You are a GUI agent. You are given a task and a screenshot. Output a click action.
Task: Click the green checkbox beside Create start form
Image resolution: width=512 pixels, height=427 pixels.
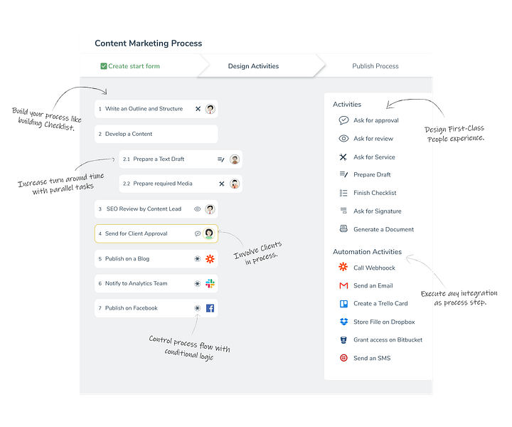pyautogui.click(x=104, y=66)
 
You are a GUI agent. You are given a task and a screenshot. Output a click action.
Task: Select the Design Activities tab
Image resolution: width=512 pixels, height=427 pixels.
pyautogui.click(x=253, y=66)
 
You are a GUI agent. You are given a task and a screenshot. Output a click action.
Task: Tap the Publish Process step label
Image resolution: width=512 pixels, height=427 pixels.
pyautogui.click(x=375, y=66)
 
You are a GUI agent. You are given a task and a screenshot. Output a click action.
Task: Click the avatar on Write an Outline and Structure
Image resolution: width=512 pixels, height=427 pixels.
pyautogui.click(x=210, y=109)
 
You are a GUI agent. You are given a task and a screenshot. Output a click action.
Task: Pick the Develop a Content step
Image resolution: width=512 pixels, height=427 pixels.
pyautogui.click(x=156, y=134)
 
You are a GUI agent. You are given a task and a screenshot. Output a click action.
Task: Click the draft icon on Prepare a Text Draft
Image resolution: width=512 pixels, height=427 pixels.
pyautogui.click(x=221, y=159)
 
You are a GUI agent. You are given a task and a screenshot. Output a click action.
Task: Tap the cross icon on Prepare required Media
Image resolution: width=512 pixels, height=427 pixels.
pyautogui.click(x=222, y=184)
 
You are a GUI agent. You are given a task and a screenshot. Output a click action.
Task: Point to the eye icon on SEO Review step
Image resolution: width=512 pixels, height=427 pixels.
pyautogui.click(x=197, y=209)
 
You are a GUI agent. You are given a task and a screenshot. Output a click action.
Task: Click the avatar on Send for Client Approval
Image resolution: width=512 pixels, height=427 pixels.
pyautogui.click(x=209, y=233)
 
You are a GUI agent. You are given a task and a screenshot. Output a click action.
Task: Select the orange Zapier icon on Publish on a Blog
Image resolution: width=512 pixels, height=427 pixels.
pyautogui.click(x=210, y=259)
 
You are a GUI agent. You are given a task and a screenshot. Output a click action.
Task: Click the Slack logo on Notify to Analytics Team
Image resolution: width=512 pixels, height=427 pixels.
pyautogui.click(x=210, y=283)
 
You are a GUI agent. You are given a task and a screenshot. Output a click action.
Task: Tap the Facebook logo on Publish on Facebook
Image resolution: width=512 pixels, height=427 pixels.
pyautogui.click(x=210, y=308)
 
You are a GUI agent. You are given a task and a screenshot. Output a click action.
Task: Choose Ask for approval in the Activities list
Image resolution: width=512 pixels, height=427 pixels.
pyautogui.click(x=376, y=120)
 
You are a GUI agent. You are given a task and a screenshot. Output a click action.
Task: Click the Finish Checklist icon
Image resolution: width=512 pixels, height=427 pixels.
pyautogui.click(x=343, y=193)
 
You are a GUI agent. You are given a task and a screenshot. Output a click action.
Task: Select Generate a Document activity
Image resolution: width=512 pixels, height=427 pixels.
pyautogui.click(x=383, y=229)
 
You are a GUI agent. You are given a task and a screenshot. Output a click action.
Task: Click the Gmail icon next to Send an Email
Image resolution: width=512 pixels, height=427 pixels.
pyautogui.click(x=343, y=286)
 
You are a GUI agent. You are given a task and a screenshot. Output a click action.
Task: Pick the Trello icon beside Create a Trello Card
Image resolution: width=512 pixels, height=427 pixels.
pyautogui.click(x=344, y=304)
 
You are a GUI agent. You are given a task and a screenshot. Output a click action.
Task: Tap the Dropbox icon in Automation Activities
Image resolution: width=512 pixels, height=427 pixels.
pyautogui.click(x=344, y=322)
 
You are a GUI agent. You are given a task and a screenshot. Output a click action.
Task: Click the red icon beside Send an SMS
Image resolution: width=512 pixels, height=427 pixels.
pyautogui.click(x=343, y=358)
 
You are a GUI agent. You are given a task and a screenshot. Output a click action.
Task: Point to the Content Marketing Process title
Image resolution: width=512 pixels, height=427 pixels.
pyautogui.click(x=148, y=43)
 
